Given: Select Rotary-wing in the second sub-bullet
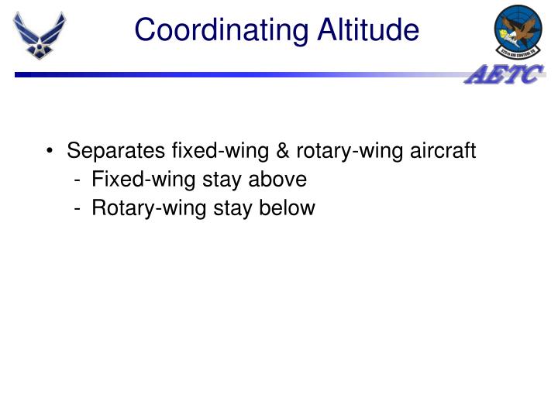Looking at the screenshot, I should tap(147, 208).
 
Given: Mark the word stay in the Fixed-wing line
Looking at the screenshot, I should tap(222, 180).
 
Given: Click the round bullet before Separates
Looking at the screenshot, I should tap(50, 151).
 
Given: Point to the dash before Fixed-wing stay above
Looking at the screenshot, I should tap(79, 180).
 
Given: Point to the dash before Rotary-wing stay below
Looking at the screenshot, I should tap(79, 209).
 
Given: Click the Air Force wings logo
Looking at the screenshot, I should tap(40, 35).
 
